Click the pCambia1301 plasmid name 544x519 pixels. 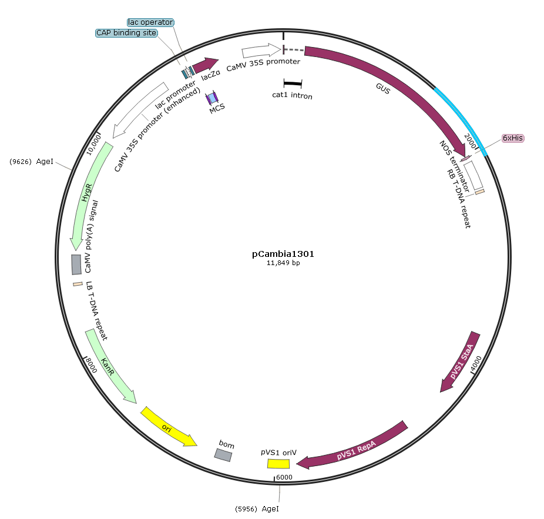point(283,254)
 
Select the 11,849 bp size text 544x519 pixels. point(283,263)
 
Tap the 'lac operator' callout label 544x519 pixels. point(150,22)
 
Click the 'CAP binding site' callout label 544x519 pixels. point(127,33)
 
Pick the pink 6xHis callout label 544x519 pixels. point(513,138)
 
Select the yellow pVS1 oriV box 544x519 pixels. point(278,463)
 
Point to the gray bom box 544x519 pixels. point(223,455)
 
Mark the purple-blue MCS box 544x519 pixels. point(212,98)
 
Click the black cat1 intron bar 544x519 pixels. point(293,83)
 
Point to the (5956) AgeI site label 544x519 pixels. point(257,509)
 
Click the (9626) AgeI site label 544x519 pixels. point(32,162)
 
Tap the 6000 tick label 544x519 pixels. point(284,477)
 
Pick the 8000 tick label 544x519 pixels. point(91,365)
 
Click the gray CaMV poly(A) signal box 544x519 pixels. point(76,264)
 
